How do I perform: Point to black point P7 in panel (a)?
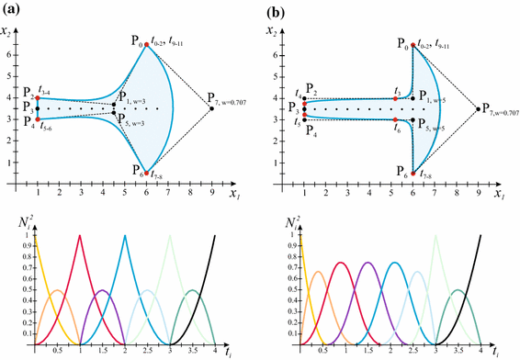[211, 108]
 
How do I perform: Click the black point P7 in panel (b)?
[476, 108]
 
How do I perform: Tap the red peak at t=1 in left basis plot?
[80, 236]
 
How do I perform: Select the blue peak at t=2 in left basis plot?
[125, 236]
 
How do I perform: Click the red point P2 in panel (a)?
[37, 97]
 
